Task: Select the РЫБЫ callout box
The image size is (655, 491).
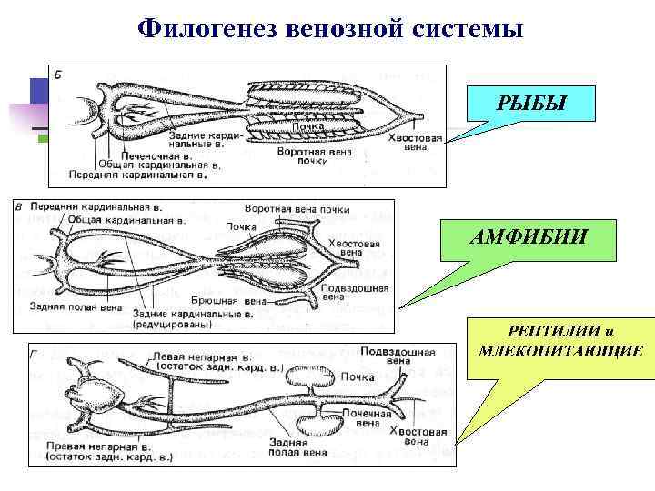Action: click(x=531, y=105)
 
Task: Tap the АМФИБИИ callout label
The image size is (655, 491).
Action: click(x=530, y=237)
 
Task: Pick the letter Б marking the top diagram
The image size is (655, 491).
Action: click(x=58, y=73)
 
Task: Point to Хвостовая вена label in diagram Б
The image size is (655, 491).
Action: click(x=414, y=143)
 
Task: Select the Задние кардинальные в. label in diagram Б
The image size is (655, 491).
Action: click(x=199, y=140)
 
